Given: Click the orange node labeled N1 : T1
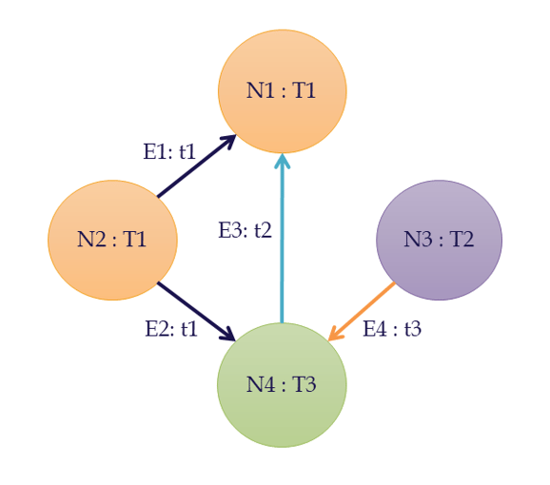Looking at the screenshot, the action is pyautogui.click(x=283, y=91).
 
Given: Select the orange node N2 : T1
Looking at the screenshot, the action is pyautogui.click(x=112, y=240).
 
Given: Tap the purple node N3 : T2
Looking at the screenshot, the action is pyautogui.click(x=440, y=240).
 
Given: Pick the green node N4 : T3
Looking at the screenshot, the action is pyautogui.click(x=282, y=385).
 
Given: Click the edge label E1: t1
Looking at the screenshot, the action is pyautogui.click(x=169, y=152).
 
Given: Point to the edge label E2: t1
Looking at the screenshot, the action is pyautogui.click(x=171, y=329).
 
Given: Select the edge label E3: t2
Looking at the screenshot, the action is pyautogui.click(x=246, y=230).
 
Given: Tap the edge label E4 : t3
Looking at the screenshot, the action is pyautogui.click(x=392, y=329).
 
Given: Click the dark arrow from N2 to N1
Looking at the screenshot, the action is pyautogui.click(x=196, y=166).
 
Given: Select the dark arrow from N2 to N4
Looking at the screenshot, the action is pyautogui.click(x=196, y=311).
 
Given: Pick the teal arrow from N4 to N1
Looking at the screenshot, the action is pyautogui.click(x=282, y=239).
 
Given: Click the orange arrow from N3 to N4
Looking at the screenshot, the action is pyautogui.click(x=362, y=311).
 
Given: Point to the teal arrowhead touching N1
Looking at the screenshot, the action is pyautogui.click(x=283, y=162).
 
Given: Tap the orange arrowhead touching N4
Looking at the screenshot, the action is pyautogui.click(x=335, y=334).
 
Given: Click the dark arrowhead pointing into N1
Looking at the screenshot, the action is pyautogui.click(x=228, y=142).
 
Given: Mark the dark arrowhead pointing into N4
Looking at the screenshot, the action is pyautogui.click(x=228, y=335).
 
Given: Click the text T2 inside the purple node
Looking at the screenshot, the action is pyautogui.click(x=462, y=240).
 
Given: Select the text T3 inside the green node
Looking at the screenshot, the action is pyautogui.click(x=304, y=384).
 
